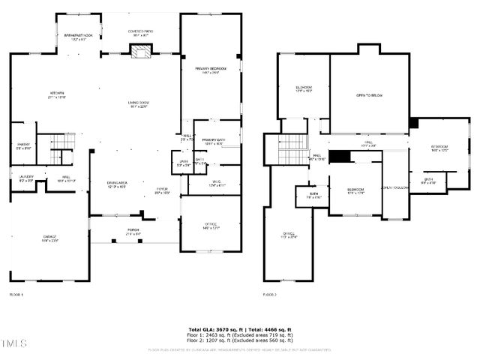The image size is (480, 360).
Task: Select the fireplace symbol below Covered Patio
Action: pyautogui.click(x=140, y=50)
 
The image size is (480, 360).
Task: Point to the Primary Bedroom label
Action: pyautogui.click(x=211, y=70)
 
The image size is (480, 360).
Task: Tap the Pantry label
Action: pyautogui.click(x=24, y=145)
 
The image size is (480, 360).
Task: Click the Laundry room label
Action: pyautogui.click(x=25, y=178)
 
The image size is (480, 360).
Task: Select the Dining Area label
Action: pyautogui.click(x=116, y=184)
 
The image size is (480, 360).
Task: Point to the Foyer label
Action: pyautogui.click(x=162, y=190)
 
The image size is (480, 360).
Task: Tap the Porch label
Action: pyautogui.click(x=133, y=232)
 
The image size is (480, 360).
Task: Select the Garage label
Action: pyautogui.click(x=49, y=238)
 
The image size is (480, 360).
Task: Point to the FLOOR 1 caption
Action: pyautogui.click(x=16, y=295)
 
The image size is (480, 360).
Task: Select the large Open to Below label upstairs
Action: pyautogui.click(x=370, y=95)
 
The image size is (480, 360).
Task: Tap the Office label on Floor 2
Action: pyautogui.click(x=289, y=234)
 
